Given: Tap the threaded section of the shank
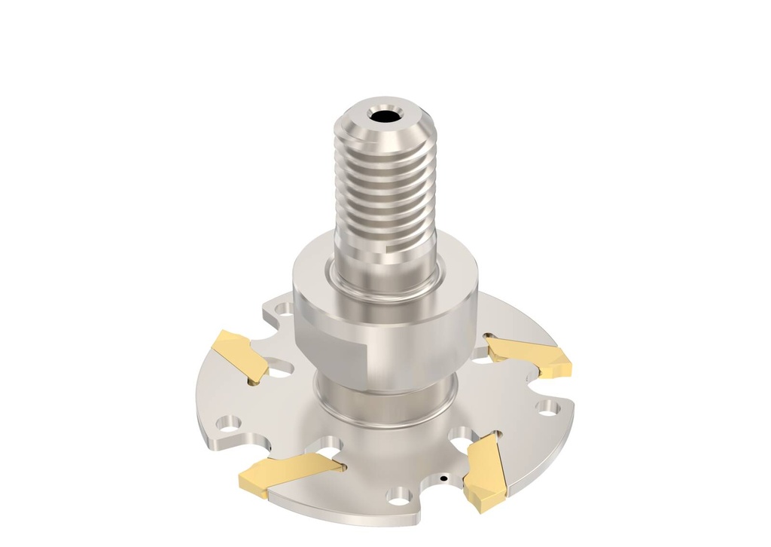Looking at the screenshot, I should [385, 188].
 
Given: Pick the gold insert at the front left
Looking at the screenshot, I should [290, 475].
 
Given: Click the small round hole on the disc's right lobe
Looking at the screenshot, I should [547, 408].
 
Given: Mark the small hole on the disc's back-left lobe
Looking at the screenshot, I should [284, 308].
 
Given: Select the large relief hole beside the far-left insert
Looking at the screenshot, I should [279, 370].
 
